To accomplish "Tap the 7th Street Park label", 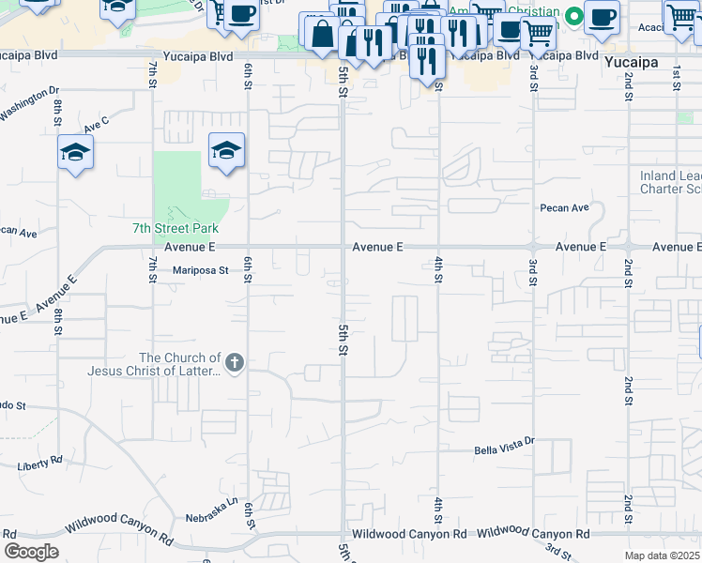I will [x=175, y=229].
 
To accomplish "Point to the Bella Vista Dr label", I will [x=503, y=440].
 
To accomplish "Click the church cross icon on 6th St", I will [x=235, y=361].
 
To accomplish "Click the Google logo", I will [x=30, y=552].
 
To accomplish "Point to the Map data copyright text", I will [x=662, y=555].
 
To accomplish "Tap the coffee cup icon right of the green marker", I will [x=601, y=15].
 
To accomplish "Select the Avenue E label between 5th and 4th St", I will [x=378, y=247].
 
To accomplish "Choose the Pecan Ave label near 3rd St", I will [x=564, y=207].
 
